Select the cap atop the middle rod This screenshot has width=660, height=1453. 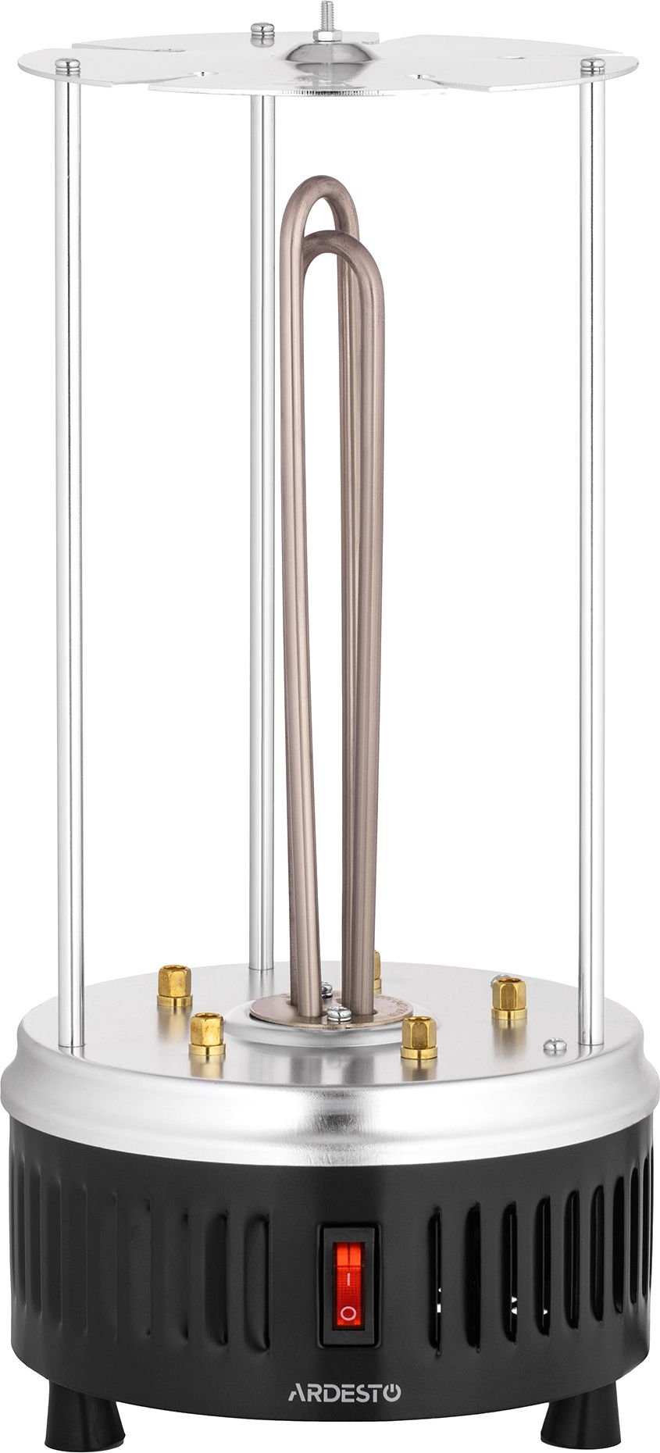click(262, 31)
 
